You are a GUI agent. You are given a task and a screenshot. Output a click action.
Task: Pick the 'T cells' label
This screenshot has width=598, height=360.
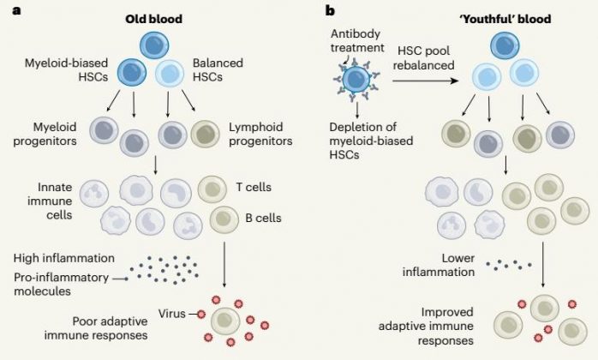pos(252,185)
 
